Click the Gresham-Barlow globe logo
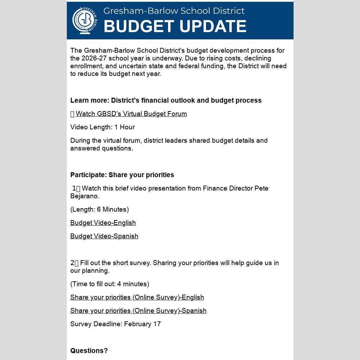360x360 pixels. (84, 20)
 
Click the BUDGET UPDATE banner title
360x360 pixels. (175, 26)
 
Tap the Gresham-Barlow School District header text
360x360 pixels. (174, 11)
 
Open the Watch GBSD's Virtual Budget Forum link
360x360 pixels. (131, 114)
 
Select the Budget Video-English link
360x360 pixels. (103, 223)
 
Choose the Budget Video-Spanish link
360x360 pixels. (104, 236)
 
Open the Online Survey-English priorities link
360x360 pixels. (137, 297)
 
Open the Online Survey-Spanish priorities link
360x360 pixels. (138, 311)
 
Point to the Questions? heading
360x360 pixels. (89, 351)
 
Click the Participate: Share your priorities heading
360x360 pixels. (122, 175)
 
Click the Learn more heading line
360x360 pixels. (166, 101)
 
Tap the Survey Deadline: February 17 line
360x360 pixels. (115, 324)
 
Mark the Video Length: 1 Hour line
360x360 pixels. (102, 127)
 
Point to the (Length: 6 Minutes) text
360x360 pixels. (99, 210)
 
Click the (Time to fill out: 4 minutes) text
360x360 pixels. (110, 284)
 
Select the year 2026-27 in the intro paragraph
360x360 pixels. (94, 58)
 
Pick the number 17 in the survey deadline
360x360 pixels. (157, 324)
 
